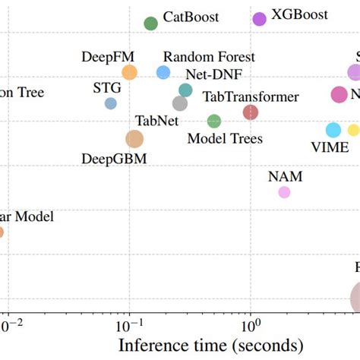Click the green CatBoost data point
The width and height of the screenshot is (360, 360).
click(151, 24)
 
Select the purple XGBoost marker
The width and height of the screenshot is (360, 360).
click(259, 19)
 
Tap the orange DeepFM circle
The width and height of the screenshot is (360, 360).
click(130, 73)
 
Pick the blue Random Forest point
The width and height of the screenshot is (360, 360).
click(163, 72)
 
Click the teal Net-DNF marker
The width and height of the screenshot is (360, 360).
click(185, 90)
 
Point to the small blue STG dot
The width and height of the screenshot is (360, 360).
click(111, 103)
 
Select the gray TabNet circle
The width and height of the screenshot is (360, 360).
click(180, 103)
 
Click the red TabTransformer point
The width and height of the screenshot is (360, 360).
click(251, 112)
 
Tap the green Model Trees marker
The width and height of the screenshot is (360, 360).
click(214, 121)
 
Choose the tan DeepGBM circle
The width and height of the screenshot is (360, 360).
click(134, 139)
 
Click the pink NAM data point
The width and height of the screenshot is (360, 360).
click(284, 192)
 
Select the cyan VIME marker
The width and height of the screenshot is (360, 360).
click(333, 130)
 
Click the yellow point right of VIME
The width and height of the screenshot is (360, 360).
click(353, 130)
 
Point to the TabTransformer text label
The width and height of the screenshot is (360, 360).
click(251, 97)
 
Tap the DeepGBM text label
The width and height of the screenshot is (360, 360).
click(114, 159)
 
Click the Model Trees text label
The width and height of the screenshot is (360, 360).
click(225, 138)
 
